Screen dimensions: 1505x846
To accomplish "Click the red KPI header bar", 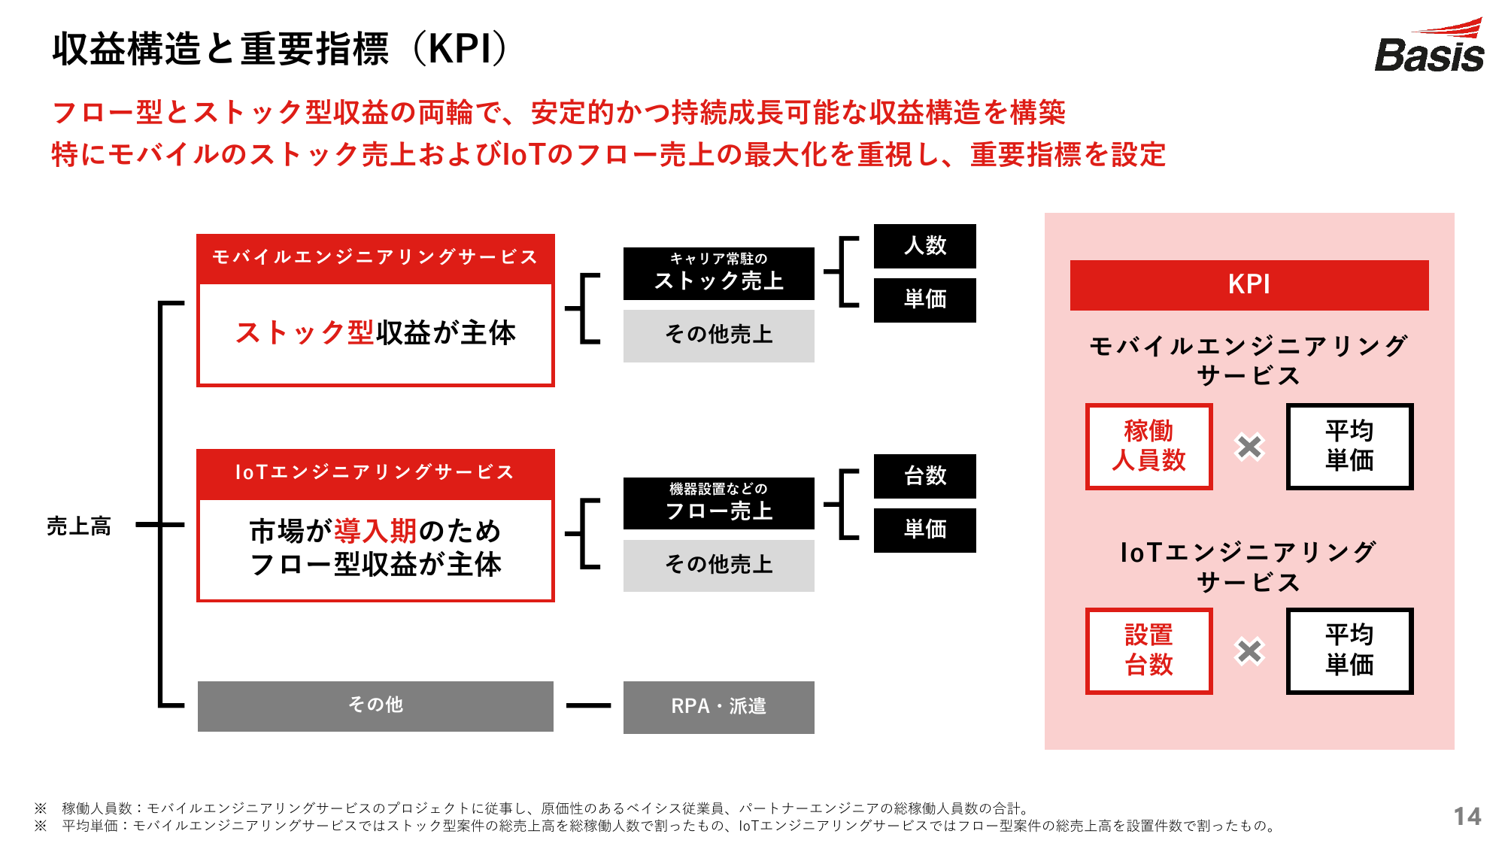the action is [x=1249, y=285].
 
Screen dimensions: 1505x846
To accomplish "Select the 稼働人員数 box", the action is [x=1148, y=446].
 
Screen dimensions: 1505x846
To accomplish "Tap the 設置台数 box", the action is [x=1148, y=650].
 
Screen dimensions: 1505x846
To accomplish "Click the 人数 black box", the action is [x=925, y=246].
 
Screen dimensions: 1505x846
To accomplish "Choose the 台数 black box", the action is [x=925, y=476].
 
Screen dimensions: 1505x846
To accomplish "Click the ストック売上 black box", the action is [x=719, y=274].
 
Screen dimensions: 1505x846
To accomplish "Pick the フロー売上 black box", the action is [x=719, y=503].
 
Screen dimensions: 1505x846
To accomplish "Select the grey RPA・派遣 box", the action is [x=719, y=707].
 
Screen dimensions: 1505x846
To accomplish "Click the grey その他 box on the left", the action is [x=375, y=706].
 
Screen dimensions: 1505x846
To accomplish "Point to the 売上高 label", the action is [x=79, y=526].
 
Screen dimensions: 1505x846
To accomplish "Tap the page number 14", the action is [x=1467, y=816].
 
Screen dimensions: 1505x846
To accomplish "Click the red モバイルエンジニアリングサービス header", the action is [x=375, y=259].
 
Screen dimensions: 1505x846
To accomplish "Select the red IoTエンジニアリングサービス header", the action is [x=375, y=474].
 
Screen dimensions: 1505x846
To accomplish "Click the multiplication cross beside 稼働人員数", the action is [x=1249, y=447].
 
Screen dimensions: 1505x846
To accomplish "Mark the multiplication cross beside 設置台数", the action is [x=1249, y=651].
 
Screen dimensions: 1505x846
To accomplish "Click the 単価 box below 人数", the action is [x=925, y=300].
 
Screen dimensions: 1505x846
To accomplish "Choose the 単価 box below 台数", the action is [x=925, y=530].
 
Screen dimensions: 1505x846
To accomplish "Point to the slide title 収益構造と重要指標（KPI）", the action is [x=280, y=49].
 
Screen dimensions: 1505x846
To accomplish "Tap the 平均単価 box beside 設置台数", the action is [x=1350, y=650].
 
